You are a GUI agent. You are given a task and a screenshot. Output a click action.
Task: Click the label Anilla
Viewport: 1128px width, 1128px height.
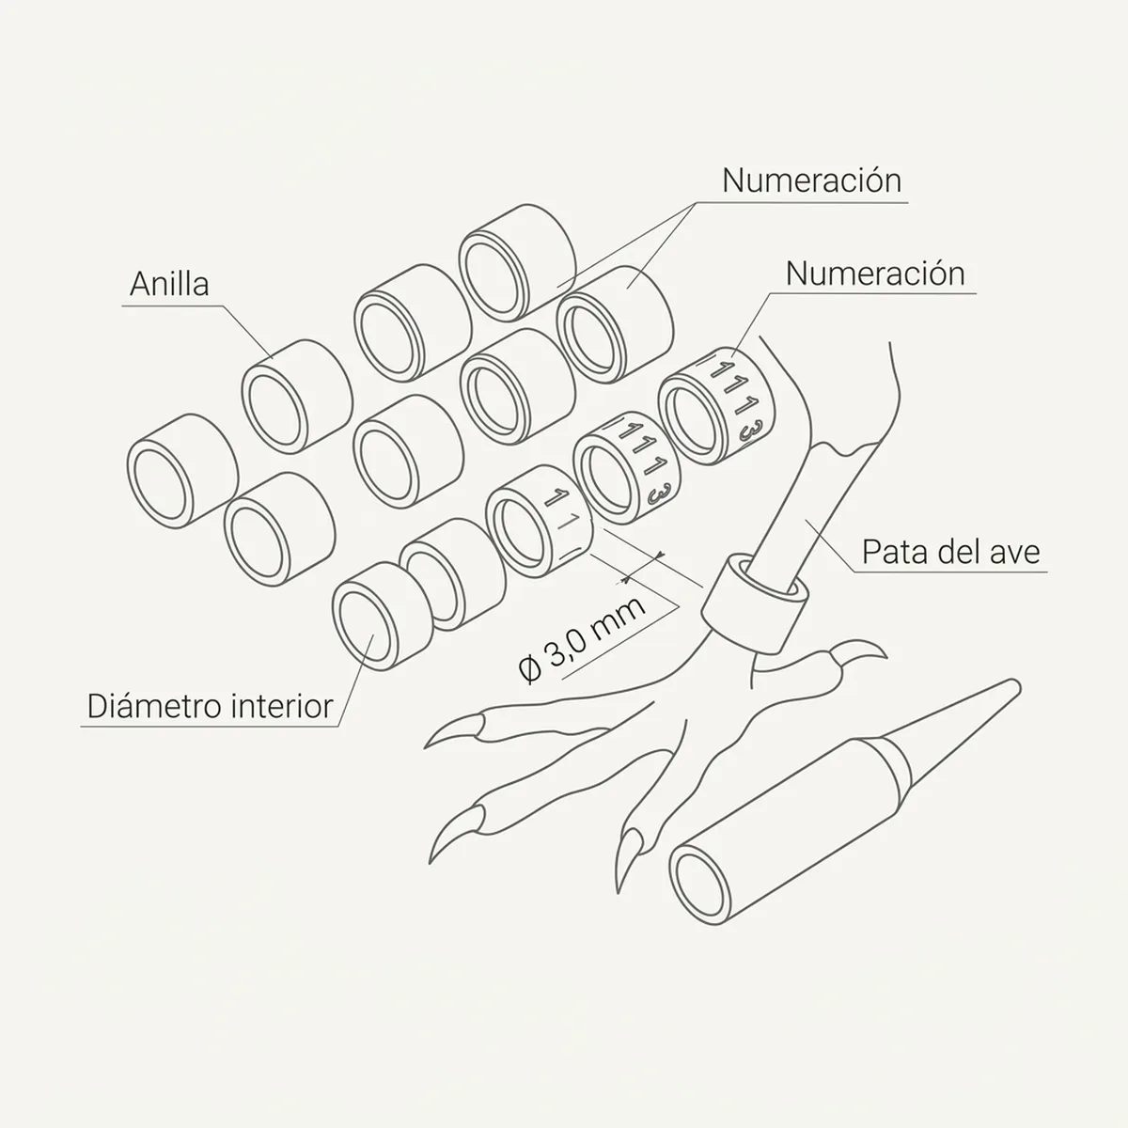pos(169,284)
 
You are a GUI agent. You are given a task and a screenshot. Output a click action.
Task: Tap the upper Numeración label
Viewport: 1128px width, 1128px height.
pos(811,180)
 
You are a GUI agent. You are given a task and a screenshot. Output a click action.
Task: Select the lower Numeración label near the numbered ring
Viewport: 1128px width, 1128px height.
pos(875,274)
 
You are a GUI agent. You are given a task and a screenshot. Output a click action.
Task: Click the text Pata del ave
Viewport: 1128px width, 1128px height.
pos(950,552)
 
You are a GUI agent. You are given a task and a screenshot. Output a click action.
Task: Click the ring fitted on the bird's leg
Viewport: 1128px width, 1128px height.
pos(755,603)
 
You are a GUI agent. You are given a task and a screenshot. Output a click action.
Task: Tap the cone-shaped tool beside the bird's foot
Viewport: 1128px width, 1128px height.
pos(843,803)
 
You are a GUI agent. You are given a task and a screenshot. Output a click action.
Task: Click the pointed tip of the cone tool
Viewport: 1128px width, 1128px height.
pos(1014,685)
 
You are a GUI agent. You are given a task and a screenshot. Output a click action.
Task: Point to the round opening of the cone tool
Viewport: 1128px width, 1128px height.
pos(699,885)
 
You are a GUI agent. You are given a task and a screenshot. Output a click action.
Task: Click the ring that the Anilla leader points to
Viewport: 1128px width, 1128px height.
pos(297,397)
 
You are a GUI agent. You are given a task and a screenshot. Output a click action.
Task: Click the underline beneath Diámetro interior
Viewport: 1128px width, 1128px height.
pos(210,727)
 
